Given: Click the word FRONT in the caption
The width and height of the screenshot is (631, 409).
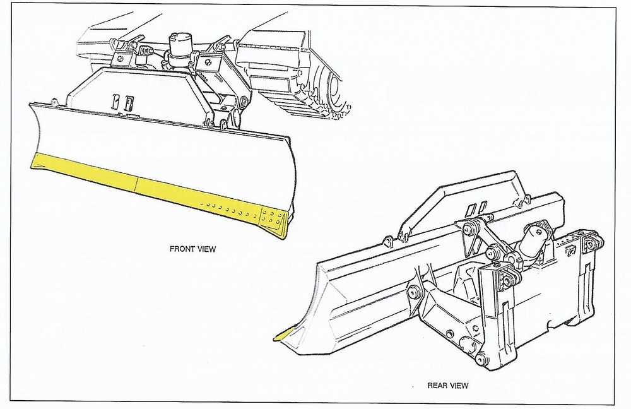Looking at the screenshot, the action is pyautogui.click(x=182, y=249).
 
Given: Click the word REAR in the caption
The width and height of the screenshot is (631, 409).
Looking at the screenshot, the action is pyautogui.click(x=437, y=386).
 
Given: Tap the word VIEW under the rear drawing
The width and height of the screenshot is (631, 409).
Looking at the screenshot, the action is pyautogui.click(x=458, y=386).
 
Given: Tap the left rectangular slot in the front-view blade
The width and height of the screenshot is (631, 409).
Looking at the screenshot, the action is pyautogui.click(x=116, y=102).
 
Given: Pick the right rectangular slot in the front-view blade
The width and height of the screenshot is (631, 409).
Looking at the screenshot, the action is pyautogui.click(x=129, y=104).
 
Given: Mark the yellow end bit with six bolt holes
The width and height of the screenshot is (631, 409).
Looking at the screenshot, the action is pyautogui.click(x=274, y=222).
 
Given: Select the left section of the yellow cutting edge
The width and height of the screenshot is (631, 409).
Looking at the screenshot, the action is pyautogui.click(x=85, y=172).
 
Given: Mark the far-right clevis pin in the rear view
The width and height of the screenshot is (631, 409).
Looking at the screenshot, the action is pyautogui.click(x=591, y=244).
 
